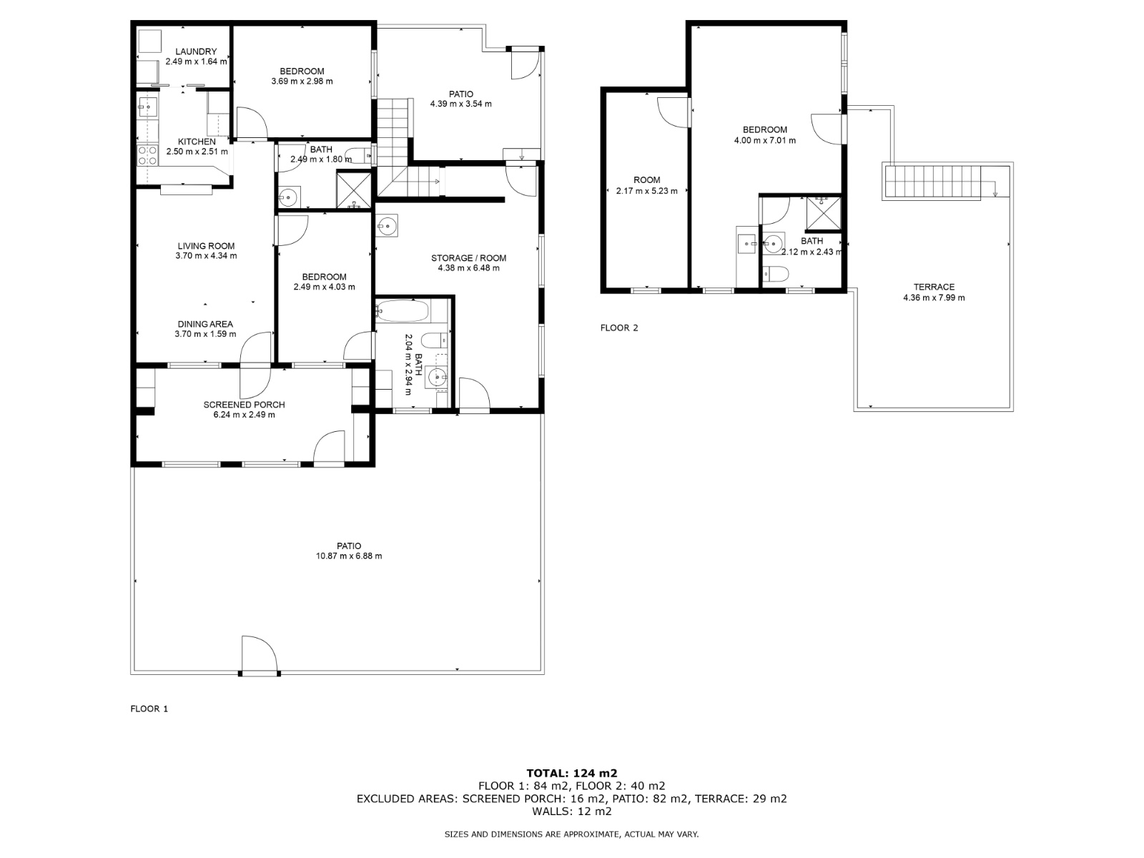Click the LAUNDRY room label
click(196, 51)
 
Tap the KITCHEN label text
click(197, 142)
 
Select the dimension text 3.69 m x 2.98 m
click(302, 82)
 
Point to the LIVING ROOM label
click(206, 246)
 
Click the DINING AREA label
click(205, 324)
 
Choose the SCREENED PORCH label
click(244, 405)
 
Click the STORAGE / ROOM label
click(468, 258)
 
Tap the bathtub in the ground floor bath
click(403, 311)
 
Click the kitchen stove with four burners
click(147, 156)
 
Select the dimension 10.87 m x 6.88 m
click(349, 556)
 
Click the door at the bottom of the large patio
click(260, 656)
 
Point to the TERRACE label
click(934, 287)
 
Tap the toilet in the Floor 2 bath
click(776, 274)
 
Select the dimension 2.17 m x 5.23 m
click(647, 191)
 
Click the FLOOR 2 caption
click(619, 327)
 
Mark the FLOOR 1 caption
click(149, 709)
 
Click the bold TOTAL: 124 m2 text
click(572, 773)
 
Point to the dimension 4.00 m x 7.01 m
click(764, 140)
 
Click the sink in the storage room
click(387, 225)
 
